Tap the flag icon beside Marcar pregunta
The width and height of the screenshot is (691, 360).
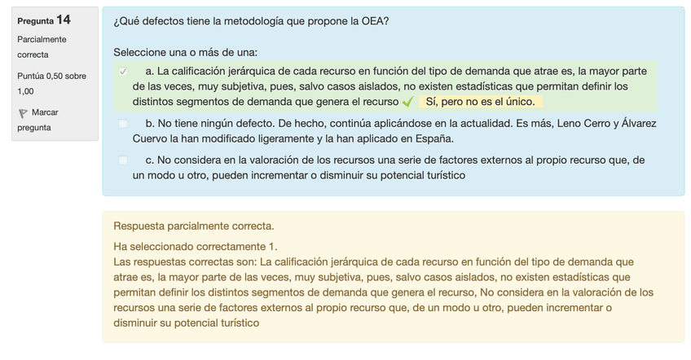(23, 113)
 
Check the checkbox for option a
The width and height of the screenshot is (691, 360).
(123, 72)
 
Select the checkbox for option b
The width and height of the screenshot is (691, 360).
(123, 124)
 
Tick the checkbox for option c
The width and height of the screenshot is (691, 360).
(123, 160)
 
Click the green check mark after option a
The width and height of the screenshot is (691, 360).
(408, 103)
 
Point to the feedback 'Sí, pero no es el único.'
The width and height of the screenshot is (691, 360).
(480, 103)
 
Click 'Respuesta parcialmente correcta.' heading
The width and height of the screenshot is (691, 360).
(194, 226)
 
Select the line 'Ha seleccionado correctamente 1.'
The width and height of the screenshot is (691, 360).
(196, 246)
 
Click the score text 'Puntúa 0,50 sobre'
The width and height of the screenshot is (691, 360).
(51, 76)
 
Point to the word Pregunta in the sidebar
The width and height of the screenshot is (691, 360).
(35, 20)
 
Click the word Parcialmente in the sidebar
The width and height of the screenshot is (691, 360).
(42, 39)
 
